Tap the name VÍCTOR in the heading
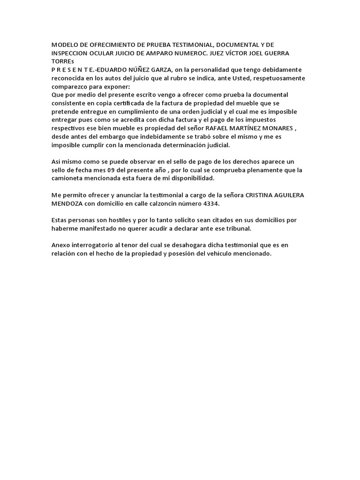pyautogui.click(x=233, y=52)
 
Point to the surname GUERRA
pyautogui.click(x=277, y=52)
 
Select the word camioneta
pyautogui.click(x=69, y=179)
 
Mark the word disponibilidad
pyautogui.click(x=188, y=179)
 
